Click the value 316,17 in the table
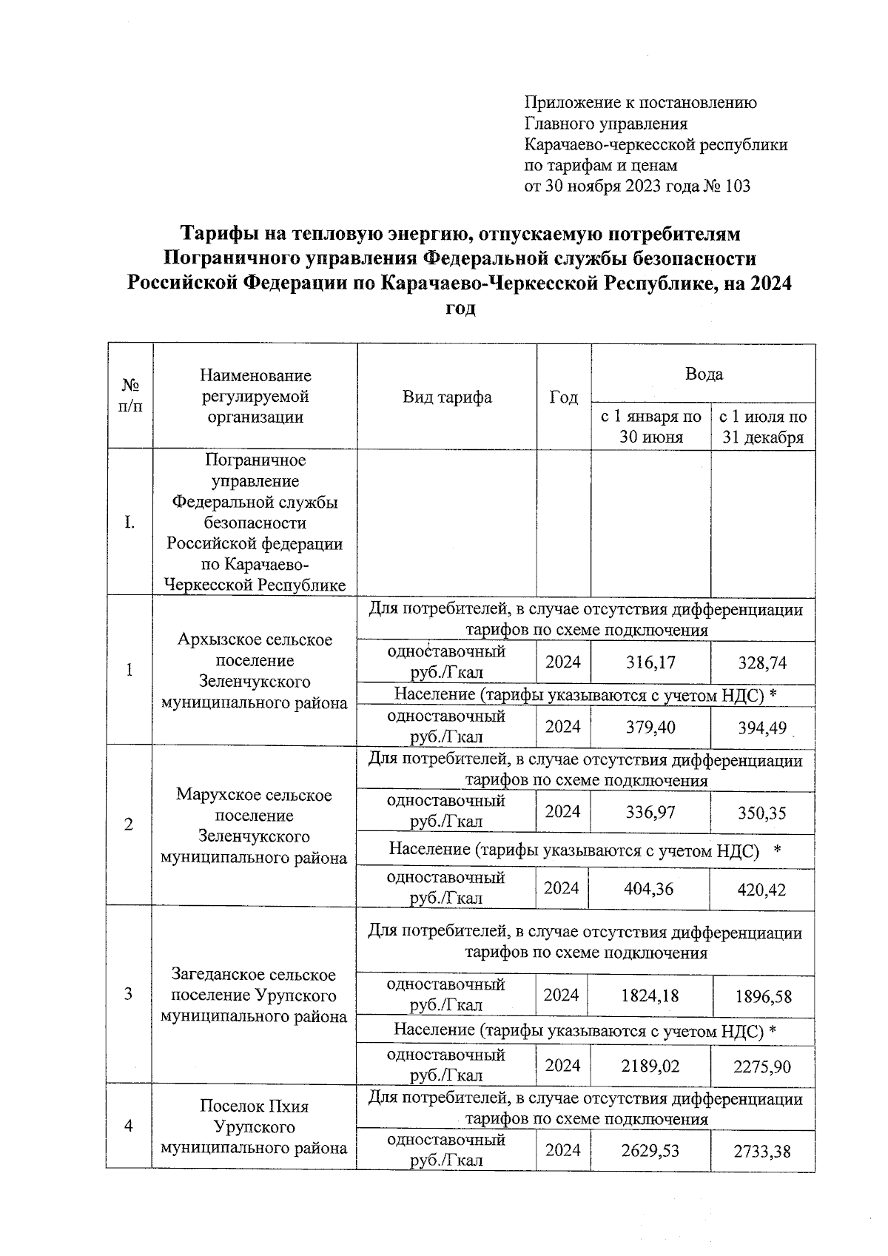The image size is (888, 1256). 651,662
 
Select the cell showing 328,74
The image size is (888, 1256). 762,662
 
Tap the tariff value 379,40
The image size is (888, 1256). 651,727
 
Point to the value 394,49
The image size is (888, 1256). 762,728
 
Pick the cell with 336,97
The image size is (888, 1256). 650,813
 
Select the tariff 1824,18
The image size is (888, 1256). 650,995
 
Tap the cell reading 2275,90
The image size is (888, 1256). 762,1067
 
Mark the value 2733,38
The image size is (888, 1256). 762,1151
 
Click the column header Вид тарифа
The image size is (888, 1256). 447,397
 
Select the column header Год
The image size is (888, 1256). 564,397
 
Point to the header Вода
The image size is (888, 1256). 704,374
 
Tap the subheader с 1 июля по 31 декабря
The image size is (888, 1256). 763,427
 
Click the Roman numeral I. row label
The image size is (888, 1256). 129,523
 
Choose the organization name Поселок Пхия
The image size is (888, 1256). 254,1106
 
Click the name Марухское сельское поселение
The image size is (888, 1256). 254,805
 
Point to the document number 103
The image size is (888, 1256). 738,186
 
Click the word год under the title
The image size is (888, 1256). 460,309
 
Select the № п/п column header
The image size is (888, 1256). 130,395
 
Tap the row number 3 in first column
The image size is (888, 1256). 129,994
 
